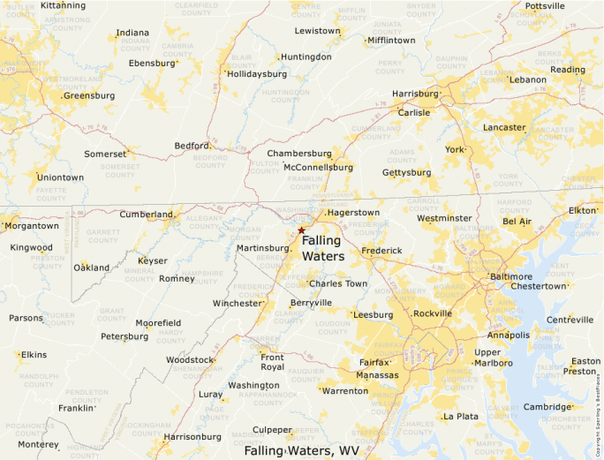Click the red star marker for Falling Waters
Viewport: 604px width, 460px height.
coord(301,230)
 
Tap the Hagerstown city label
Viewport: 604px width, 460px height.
coord(353,213)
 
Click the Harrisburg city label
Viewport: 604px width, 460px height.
coord(415,94)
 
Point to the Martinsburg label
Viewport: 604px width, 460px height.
coord(263,248)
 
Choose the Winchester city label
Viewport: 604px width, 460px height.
coord(238,303)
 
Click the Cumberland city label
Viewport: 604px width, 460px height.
coord(147,215)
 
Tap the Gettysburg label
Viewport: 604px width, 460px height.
coord(406,172)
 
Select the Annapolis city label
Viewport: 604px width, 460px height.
coord(508,336)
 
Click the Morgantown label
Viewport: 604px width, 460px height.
coord(32,226)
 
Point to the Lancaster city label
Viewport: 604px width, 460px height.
coord(504,127)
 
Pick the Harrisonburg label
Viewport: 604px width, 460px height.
coord(192,436)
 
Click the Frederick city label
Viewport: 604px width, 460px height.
coord(381,251)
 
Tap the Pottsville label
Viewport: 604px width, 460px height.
coord(545,5)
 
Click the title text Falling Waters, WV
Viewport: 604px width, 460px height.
coord(302,450)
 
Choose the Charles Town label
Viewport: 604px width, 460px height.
coord(338,283)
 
